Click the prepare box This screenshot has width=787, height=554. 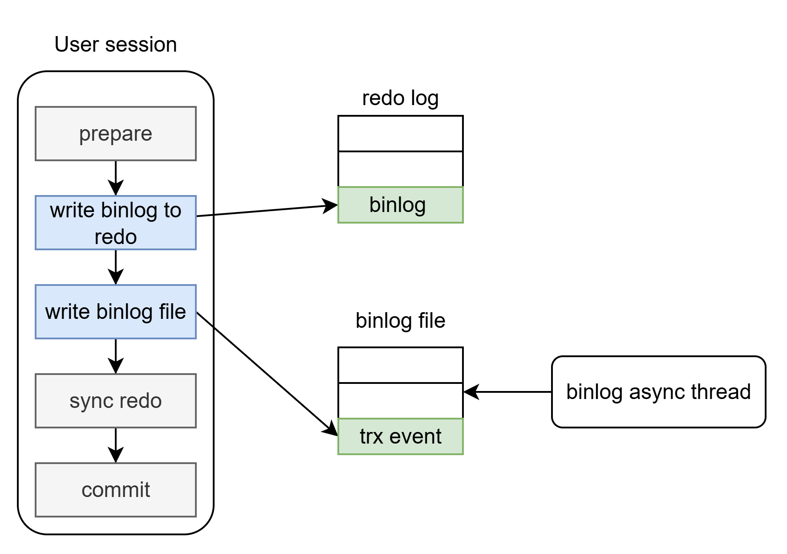point(116,134)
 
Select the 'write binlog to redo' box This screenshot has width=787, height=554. point(116,223)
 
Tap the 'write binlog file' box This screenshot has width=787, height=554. point(116,312)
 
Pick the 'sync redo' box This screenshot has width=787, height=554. point(116,401)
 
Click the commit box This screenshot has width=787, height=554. point(116,490)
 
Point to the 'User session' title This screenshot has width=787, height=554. point(116,45)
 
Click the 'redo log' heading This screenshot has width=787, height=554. point(401,98)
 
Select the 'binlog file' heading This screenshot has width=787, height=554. point(401,321)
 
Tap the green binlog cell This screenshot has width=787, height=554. point(401,205)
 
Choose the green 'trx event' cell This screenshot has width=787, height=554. point(401,436)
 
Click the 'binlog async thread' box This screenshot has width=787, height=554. point(659,392)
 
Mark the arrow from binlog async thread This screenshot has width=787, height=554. point(507,392)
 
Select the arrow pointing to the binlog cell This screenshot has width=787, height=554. point(267,210)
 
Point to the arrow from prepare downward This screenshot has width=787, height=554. point(116,178)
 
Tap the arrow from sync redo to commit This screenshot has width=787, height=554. point(116,445)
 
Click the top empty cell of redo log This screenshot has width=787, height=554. point(401,134)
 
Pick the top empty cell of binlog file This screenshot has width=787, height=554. point(401,365)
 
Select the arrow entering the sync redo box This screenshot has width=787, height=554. point(116,356)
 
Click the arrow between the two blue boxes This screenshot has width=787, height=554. point(116,267)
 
